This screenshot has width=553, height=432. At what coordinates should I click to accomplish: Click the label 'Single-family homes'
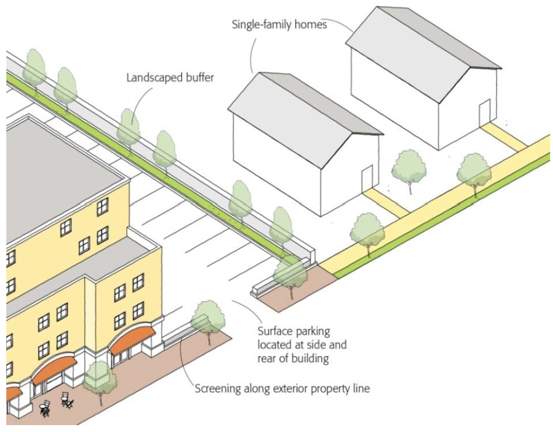[x=279, y=25]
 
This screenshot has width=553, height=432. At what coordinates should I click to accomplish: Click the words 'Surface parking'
[x=294, y=331]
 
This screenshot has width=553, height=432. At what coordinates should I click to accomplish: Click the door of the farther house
[x=485, y=112]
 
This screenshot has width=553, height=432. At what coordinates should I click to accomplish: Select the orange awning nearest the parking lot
[x=132, y=341]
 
